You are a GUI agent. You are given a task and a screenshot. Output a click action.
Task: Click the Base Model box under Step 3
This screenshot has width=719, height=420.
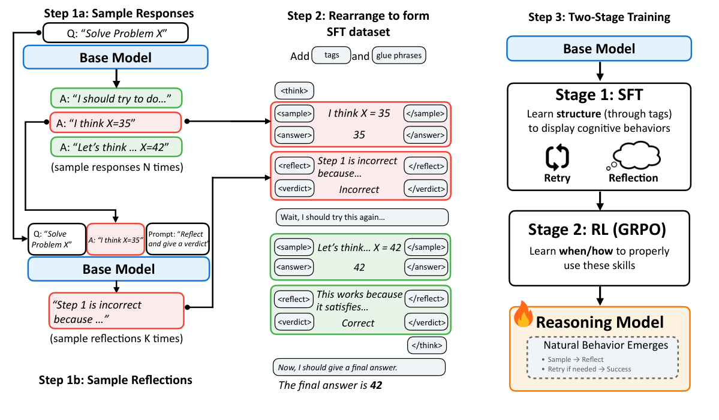pos(599,49)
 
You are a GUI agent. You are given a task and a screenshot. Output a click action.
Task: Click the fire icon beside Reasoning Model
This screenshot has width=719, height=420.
pos(524,316)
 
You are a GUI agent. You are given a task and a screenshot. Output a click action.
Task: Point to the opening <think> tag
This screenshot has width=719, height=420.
pos(294,91)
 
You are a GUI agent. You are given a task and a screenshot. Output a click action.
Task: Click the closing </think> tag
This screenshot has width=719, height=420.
pos(426,345)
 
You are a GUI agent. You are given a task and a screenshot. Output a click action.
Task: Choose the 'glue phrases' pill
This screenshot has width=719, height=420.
pos(399,56)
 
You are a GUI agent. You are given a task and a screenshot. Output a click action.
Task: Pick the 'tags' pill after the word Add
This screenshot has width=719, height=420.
pos(332,56)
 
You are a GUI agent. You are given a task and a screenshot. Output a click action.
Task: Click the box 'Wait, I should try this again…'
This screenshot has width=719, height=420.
pos(362,217)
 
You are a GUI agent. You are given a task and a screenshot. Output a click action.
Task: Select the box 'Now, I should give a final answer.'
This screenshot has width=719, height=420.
pos(358,367)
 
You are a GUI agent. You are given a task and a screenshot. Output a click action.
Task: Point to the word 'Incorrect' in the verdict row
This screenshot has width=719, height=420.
pos(359,189)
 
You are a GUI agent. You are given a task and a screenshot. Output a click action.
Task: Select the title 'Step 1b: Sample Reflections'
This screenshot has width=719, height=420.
pos(115,380)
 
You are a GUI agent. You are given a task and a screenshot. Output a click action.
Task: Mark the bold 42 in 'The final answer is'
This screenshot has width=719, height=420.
pos(375,385)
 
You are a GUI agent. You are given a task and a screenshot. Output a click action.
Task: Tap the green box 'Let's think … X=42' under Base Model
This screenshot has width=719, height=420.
pos(116,147)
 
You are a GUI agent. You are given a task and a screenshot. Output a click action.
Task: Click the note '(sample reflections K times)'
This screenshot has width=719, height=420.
pos(116,339)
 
